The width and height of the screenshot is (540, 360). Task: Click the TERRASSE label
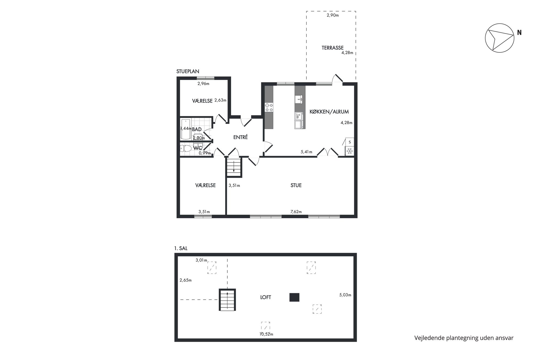[x=332, y=48]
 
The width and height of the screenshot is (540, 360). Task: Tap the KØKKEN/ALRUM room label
[x=329, y=112]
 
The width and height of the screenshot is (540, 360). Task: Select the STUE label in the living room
[x=296, y=185]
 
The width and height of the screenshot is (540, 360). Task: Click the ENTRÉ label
[x=241, y=137]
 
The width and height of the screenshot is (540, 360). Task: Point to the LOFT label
[x=266, y=297]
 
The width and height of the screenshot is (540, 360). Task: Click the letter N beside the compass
[x=519, y=33]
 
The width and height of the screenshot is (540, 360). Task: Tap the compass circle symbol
[x=500, y=38]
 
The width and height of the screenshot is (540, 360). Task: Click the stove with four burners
[x=269, y=107]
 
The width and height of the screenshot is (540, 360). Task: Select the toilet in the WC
[x=186, y=149]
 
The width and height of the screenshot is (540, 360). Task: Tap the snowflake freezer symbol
[x=350, y=151]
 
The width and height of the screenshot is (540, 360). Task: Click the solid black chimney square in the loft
[x=294, y=297]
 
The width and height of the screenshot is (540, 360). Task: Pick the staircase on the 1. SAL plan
[x=227, y=300]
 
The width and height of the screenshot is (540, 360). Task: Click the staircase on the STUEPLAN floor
[x=234, y=167]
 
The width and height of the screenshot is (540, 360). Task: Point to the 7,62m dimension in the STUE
[x=296, y=212]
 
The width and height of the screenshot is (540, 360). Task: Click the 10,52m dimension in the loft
[x=266, y=334]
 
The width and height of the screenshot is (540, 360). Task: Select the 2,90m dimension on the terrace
[x=333, y=15]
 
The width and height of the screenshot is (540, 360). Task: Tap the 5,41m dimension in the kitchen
[x=306, y=152]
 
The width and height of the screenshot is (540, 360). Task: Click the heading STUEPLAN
[x=188, y=72]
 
